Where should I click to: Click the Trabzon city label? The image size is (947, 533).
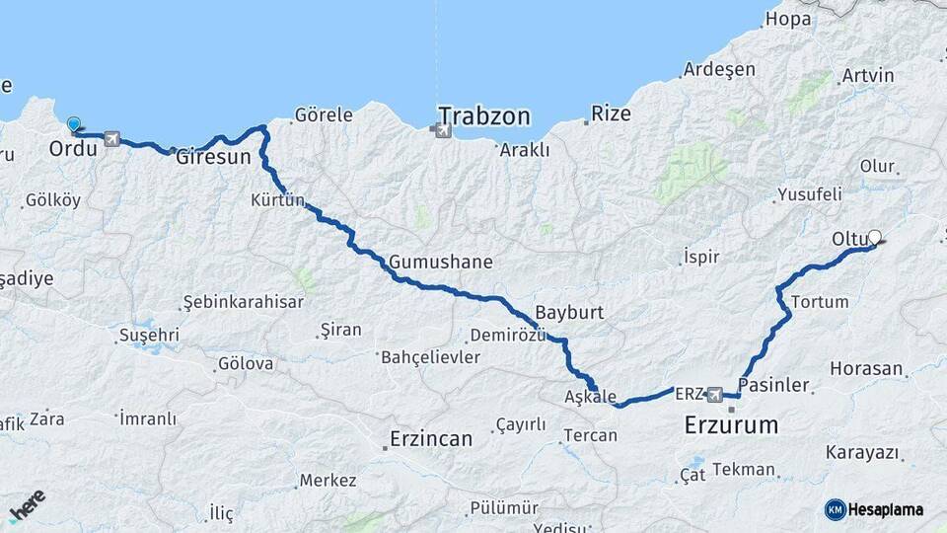click(x=484, y=115)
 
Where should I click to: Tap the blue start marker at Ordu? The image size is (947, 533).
click(x=74, y=124)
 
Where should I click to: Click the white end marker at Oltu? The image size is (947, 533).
click(x=873, y=237)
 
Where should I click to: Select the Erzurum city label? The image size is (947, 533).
click(x=731, y=425)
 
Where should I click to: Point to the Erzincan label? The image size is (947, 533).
click(x=431, y=437)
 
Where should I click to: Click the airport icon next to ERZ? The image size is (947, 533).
click(x=715, y=394)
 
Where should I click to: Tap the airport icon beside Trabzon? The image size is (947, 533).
click(x=441, y=129)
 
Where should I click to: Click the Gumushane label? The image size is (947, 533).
click(x=440, y=263)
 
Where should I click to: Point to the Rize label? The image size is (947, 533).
click(x=612, y=114)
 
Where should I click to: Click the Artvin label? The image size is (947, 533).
click(x=868, y=75)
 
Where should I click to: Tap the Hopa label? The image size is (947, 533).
click(x=788, y=18)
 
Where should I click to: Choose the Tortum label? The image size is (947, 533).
click(x=820, y=300)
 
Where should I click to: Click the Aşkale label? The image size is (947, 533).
click(x=591, y=396)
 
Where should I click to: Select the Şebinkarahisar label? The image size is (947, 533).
click(x=243, y=301)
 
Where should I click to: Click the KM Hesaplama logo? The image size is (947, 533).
click(x=874, y=509)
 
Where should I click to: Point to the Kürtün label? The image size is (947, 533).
click(x=278, y=199)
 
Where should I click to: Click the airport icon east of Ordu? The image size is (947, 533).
click(x=109, y=139)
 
